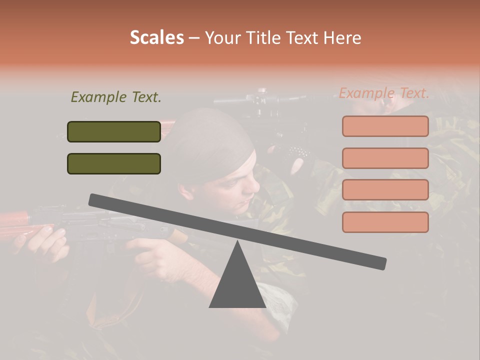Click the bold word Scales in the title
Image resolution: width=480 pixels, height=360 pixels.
coord(156,37)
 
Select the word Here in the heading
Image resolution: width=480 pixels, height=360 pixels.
coord(343,37)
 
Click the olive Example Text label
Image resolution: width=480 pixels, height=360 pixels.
coord(116,97)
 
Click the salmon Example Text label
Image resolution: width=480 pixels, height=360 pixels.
coord(384,93)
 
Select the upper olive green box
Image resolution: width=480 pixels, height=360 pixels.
coord(114,131)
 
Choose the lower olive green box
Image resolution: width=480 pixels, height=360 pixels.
coord(114,163)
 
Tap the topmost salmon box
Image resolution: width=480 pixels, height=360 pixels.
coord(385,126)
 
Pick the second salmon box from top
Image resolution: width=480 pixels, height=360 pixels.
coord(385,158)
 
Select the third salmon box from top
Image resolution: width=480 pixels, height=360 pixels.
coord(385,189)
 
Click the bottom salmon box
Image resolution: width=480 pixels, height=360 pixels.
coord(385,222)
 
